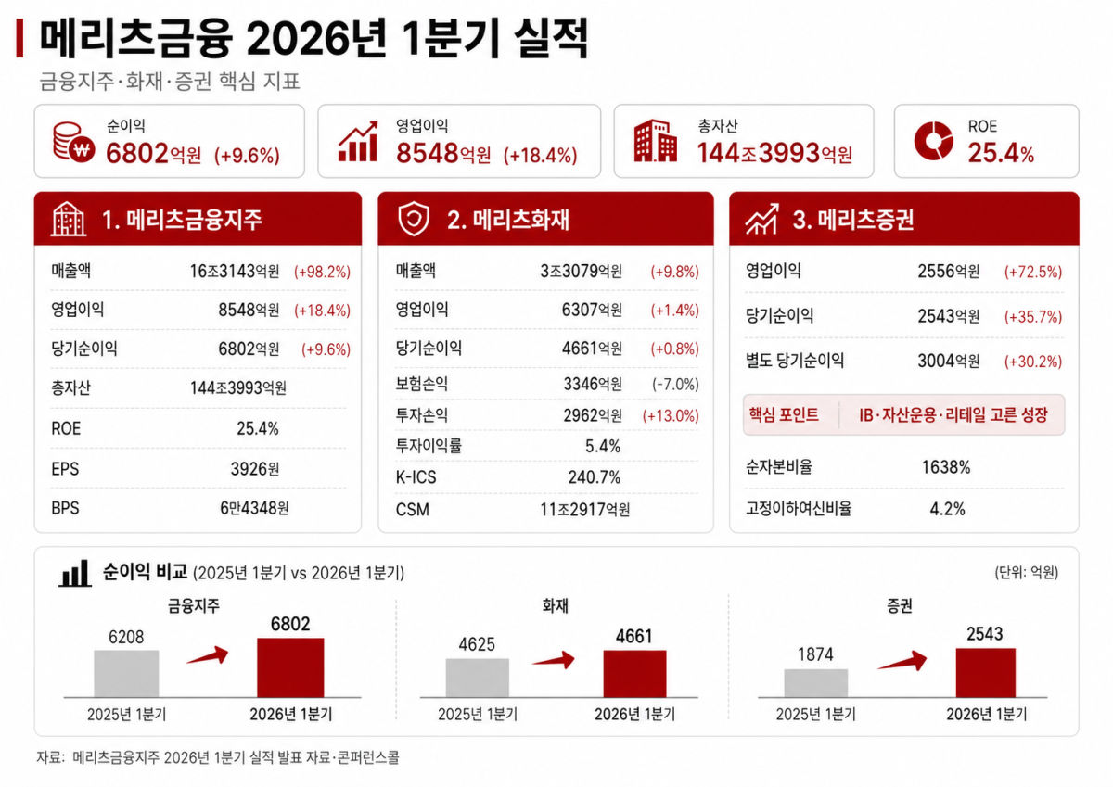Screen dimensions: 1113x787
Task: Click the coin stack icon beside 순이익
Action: click(x=73, y=142)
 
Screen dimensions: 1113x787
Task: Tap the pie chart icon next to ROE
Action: click(x=933, y=141)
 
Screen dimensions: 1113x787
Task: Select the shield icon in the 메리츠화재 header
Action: click(x=414, y=219)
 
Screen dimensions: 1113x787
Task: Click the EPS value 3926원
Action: click(x=255, y=468)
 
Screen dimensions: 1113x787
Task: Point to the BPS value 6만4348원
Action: click(x=254, y=508)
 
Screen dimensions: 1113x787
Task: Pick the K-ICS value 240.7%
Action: click(x=595, y=477)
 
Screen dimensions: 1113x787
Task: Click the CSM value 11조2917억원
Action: click(x=585, y=510)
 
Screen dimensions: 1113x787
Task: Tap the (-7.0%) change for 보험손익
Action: click(x=675, y=384)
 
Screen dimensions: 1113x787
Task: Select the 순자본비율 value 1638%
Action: click(x=946, y=467)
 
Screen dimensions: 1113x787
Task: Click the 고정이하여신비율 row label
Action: click(x=799, y=509)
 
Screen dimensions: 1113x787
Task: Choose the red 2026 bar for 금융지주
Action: click(x=290, y=667)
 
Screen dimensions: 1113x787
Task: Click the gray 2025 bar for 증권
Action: click(x=816, y=683)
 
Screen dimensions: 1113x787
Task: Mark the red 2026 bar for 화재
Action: click(x=634, y=674)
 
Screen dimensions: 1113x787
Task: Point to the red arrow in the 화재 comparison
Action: click(x=554, y=660)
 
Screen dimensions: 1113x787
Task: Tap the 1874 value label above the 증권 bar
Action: click(x=815, y=654)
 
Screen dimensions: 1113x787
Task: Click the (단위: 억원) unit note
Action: click(x=1026, y=573)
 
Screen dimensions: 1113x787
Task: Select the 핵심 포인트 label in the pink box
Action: click(x=784, y=414)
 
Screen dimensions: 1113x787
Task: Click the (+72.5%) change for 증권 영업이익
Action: click(x=1033, y=272)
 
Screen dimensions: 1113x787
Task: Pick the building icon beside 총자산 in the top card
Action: click(x=655, y=141)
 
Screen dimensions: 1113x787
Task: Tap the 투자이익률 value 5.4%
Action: click(x=603, y=446)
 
